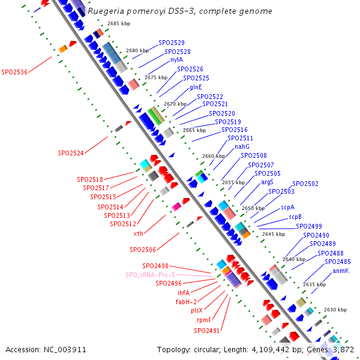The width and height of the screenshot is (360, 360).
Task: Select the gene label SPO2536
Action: (x=14, y=72)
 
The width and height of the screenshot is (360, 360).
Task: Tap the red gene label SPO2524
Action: (x=71, y=153)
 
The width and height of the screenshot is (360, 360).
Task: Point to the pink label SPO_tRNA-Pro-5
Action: (x=150, y=275)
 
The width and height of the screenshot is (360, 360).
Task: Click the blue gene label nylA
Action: (x=176, y=60)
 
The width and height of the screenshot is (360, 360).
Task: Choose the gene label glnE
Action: (x=196, y=87)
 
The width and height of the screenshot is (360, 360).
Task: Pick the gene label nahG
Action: (x=242, y=147)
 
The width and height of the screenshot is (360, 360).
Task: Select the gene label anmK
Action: (x=340, y=271)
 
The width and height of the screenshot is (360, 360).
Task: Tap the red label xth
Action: (x=138, y=233)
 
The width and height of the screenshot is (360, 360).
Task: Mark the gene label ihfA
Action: (x=183, y=293)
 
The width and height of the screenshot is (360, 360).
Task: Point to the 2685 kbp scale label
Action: (x=119, y=23)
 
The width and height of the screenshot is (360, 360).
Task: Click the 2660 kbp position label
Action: (x=213, y=156)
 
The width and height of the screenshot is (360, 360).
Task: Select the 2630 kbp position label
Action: (x=335, y=310)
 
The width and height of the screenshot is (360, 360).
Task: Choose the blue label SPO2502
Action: (x=305, y=184)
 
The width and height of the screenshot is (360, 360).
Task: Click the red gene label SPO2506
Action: (x=143, y=250)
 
